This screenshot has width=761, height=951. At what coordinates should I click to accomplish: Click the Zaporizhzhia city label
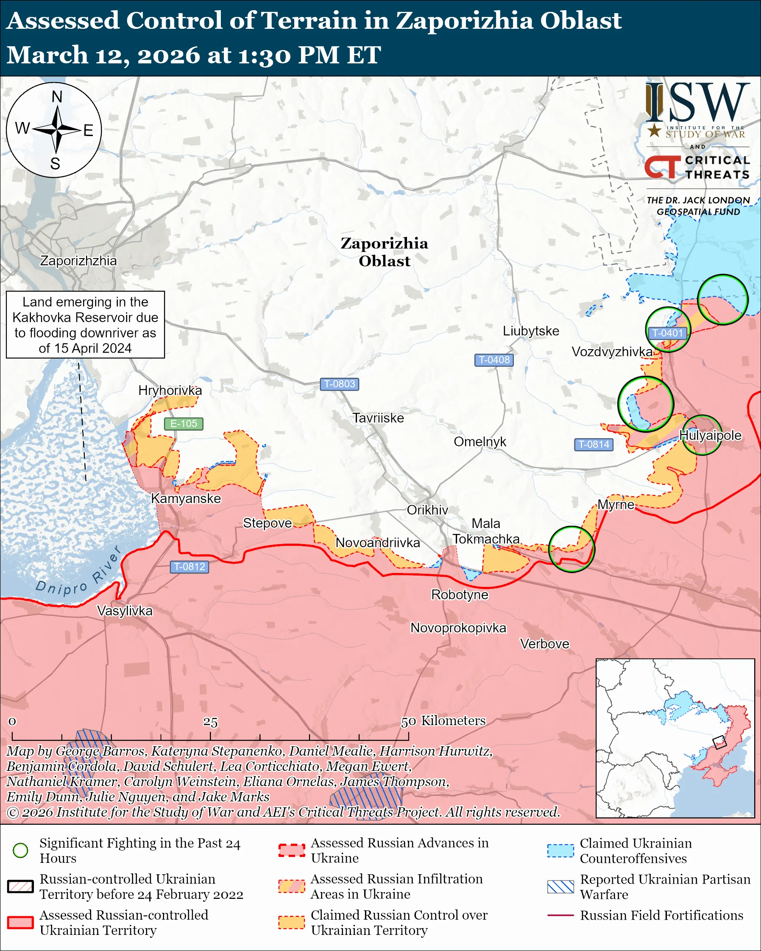point(78,261)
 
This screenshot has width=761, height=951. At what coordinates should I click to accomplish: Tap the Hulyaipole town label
point(710,435)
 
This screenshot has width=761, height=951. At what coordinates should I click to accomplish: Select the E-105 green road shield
point(184,423)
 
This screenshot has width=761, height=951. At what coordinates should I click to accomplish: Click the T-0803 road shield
point(339,384)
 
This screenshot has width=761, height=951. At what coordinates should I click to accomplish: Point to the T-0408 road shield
point(493,359)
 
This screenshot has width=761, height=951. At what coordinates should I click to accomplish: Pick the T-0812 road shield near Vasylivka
point(189,566)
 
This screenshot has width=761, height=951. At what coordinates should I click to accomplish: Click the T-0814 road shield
point(594,444)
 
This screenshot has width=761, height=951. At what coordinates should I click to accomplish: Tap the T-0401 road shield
point(667,333)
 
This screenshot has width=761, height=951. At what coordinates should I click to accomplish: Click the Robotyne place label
point(460,595)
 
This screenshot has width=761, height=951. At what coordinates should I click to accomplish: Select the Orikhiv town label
point(427,510)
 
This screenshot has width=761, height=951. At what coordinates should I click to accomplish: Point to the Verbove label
point(544,644)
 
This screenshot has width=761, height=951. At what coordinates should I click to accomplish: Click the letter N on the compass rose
point(57,97)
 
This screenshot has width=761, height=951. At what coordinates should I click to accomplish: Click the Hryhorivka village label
point(170,390)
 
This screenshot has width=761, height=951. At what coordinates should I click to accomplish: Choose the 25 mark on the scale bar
point(210,722)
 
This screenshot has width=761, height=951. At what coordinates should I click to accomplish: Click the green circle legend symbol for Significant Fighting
point(20,850)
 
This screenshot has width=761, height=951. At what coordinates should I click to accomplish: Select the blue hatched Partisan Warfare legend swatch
point(560,887)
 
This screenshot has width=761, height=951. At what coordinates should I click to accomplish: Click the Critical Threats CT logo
point(662,167)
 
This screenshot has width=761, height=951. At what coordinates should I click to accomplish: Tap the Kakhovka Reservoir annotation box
point(85,325)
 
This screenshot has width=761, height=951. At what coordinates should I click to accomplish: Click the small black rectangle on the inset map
point(719,742)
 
